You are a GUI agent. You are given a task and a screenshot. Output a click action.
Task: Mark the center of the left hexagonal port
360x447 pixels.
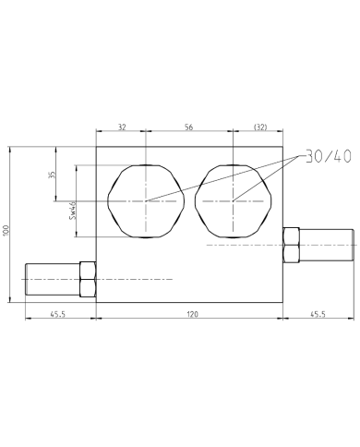145,200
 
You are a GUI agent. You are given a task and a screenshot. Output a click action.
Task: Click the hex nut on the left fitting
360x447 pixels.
89,278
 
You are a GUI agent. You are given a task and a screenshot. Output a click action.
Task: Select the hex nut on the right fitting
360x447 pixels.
290,245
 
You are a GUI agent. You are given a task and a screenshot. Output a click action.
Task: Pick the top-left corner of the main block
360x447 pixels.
97,147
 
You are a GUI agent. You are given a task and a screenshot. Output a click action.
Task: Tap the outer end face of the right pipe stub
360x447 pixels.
354,245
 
